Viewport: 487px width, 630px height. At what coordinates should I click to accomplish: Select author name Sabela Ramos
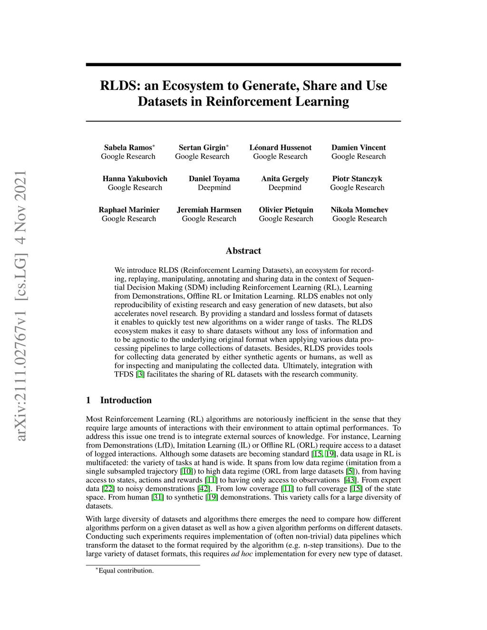tap(128, 147)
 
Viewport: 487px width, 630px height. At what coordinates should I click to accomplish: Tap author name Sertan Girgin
tap(202, 147)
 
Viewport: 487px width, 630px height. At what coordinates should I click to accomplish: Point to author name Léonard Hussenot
tap(280, 147)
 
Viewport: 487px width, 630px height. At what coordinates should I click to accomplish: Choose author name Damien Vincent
tap(359, 147)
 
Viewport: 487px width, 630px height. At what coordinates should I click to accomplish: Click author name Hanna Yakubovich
tap(135, 179)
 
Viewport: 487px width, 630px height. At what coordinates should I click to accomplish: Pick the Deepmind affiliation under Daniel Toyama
tap(214, 187)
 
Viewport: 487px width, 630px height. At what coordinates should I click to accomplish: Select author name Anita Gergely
tap(285, 179)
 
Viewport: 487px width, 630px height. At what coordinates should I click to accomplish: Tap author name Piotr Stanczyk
tap(357, 179)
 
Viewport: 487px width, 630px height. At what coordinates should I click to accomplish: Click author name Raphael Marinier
tap(129, 210)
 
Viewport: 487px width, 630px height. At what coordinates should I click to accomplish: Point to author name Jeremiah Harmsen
tap(209, 210)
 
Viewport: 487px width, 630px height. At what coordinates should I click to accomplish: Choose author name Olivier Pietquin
tap(286, 210)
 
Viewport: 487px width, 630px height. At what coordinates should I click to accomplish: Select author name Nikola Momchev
tap(360, 210)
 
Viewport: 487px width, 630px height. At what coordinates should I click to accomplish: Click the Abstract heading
tap(243, 251)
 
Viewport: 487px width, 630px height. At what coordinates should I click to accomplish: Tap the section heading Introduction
tap(126, 400)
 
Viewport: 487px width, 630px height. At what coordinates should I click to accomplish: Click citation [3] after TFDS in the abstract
tap(140, 374)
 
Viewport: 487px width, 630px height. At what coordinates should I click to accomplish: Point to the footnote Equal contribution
tap(126, 571)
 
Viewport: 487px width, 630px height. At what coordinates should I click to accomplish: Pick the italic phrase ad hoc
tap(242, 553)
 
